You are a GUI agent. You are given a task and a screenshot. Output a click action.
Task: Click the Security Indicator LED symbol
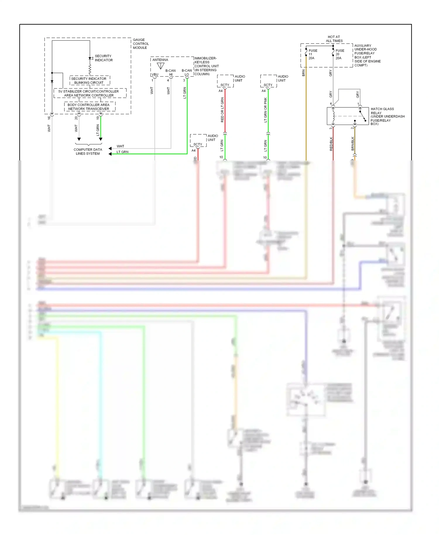coord(90,58)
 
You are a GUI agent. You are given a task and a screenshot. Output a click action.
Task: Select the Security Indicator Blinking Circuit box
coord(89,80)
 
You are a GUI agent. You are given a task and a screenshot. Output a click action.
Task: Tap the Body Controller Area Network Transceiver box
coord(89,107)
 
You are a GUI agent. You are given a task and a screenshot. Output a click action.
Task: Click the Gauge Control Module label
coord(140,44)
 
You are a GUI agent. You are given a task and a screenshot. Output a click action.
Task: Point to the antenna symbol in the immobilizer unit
coord(160,66)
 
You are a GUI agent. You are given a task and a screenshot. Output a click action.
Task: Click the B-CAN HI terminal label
coord(170,72)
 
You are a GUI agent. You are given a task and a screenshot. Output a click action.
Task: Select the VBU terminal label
coord(155,74)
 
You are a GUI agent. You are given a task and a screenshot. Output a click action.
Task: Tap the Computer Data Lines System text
coord(88,151)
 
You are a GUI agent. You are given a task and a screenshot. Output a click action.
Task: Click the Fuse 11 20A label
coord(313,54)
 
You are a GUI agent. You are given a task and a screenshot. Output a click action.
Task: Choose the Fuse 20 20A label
coord(339,54)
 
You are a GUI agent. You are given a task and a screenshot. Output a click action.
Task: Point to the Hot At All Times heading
coord(334,39)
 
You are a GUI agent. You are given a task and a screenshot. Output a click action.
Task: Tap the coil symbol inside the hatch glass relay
coord(333,116)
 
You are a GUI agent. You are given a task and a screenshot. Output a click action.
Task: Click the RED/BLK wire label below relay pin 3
coord(331,144)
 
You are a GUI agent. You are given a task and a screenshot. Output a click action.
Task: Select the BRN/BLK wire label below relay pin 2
coord(353,143)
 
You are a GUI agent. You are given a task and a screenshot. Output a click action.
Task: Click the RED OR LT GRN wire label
coord(222,110)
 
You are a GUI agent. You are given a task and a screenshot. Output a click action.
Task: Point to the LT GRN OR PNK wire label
coord(265,110)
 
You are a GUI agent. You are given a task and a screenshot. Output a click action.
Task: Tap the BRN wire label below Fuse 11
coord(303,73)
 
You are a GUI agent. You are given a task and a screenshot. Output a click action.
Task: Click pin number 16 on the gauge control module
coord(49,118)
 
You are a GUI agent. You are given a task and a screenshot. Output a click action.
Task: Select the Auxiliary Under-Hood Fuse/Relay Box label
coord(367,55)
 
